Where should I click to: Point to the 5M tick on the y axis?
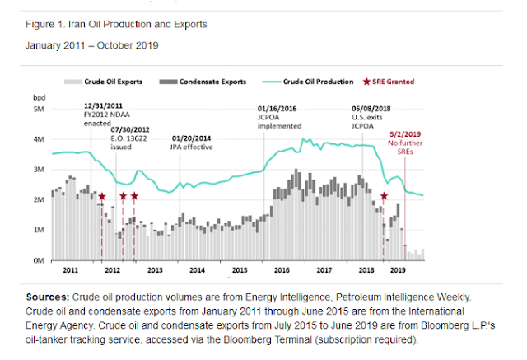[x=38, y=109]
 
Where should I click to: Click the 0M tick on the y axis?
[x=38, y=260]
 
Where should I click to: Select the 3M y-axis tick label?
[x=38, y=170]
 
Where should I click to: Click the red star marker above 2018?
[x=385, y=196]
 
